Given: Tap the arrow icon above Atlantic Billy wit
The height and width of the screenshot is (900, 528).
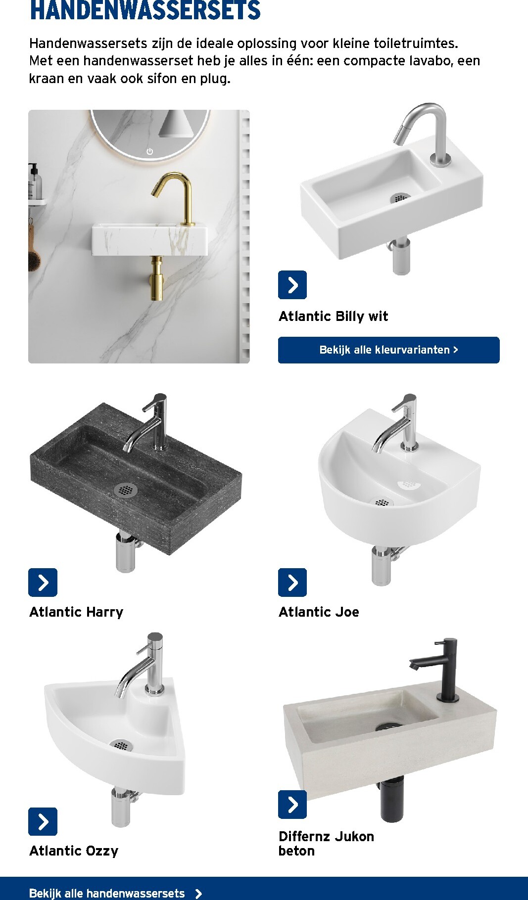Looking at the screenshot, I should [292, 285].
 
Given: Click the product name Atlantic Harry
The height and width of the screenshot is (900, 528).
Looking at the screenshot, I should [76, 612].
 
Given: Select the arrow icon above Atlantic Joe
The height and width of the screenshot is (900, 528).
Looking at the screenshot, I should [292, 583].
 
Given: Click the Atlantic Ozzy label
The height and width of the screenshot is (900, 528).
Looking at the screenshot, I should [74, 851].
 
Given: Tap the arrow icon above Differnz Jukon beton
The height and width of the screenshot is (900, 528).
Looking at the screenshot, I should [292, 805].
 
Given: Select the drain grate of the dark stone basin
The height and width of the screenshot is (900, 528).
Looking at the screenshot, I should [125, 490].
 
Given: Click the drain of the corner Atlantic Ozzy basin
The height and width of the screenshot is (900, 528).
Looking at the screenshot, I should [121, 745].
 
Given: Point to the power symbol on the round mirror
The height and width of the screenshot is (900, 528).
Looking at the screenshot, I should [149, 151].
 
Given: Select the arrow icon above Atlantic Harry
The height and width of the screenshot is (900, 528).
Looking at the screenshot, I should [43, 583].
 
